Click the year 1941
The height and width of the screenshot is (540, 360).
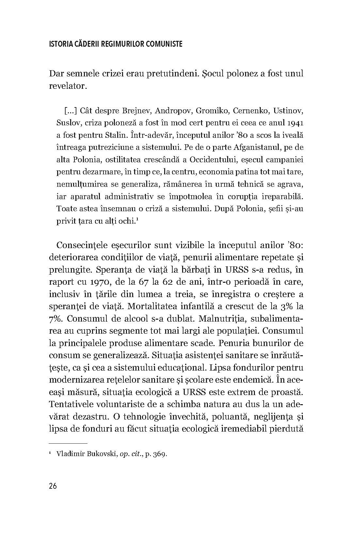[x=295, y=123]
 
